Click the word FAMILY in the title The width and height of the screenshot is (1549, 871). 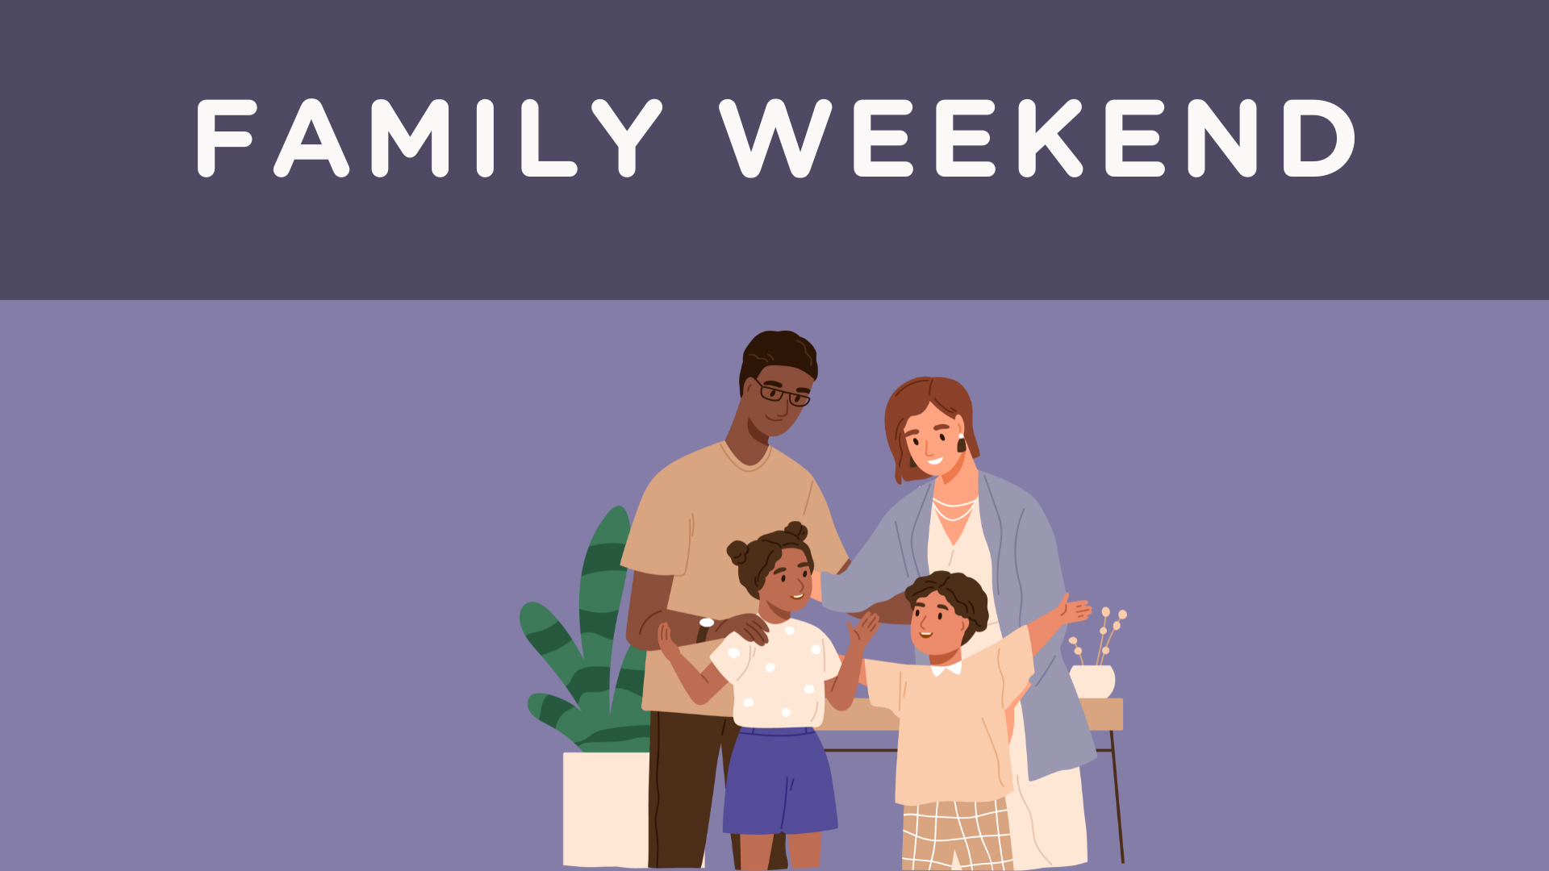click(428, 137)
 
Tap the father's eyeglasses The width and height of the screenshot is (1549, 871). click(782, 394)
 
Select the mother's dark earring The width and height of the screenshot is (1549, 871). click(961, 444)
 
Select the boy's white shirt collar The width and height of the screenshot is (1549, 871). click(946, 669)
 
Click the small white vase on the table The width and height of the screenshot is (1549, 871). click(1092, 681)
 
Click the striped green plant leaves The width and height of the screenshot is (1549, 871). click(589, 645)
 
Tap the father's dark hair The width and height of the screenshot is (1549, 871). click(779, 351)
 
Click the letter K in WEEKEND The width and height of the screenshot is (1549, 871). click(1050, 137)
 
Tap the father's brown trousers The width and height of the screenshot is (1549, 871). click(682, 790)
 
